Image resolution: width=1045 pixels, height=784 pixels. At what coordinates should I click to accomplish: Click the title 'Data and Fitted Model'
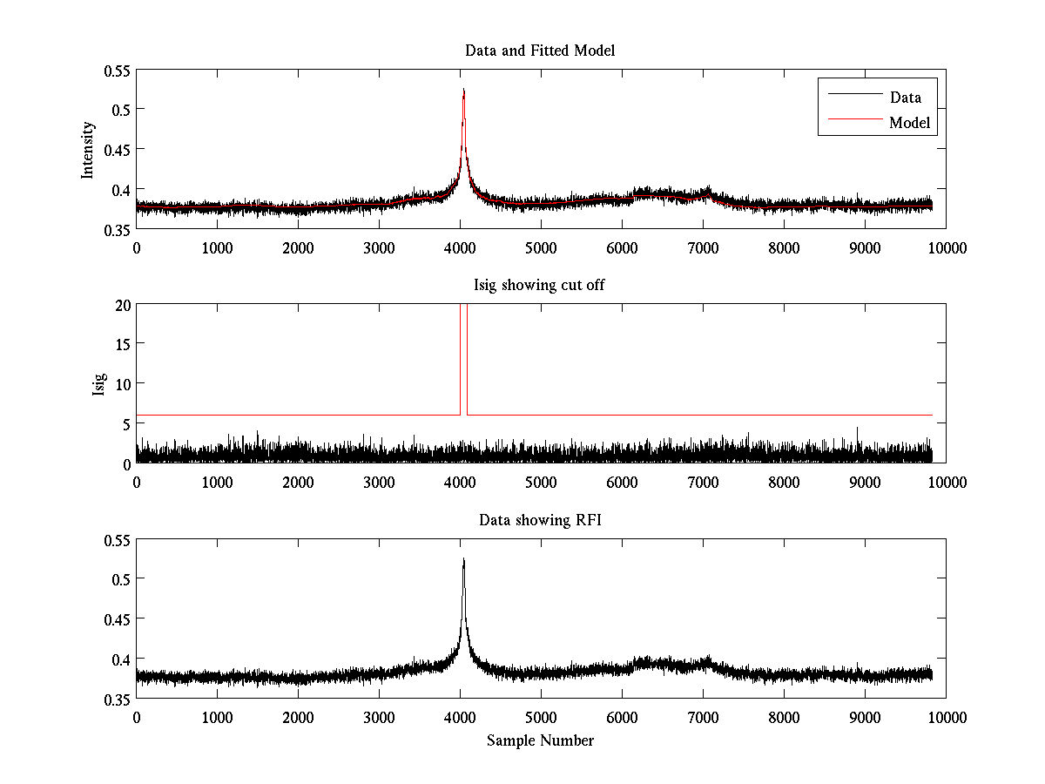coord(540,51)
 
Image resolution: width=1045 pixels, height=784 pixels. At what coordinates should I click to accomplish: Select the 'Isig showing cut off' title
coord(540,285)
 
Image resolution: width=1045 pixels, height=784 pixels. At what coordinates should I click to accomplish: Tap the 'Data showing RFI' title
coord(540,520)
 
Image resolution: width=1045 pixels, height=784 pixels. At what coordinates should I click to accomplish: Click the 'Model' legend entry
coord(910,123)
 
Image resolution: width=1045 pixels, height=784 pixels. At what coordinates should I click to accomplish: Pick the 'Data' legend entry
coord(905,97)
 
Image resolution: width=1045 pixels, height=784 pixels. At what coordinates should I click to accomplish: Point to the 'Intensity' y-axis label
coord(88,149)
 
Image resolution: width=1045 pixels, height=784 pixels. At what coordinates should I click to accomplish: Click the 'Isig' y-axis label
coord(99,384)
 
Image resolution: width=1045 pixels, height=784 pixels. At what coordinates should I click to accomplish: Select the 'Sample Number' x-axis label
coord(540,740)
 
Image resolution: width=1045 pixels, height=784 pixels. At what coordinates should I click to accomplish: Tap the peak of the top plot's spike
coord(463,90)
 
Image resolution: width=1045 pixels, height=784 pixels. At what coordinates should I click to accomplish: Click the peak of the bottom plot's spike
coord(463,559)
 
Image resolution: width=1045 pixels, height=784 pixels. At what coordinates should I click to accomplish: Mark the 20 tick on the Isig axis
coord(121,304)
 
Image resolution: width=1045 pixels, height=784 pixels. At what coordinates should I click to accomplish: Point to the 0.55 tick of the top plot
coord(117,70)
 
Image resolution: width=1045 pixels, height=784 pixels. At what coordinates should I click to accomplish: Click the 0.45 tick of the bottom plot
coord(117,619)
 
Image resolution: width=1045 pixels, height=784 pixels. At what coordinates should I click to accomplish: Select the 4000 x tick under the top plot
coord(460,247)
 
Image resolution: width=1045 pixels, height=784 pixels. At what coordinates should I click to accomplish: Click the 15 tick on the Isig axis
coord(121,344)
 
